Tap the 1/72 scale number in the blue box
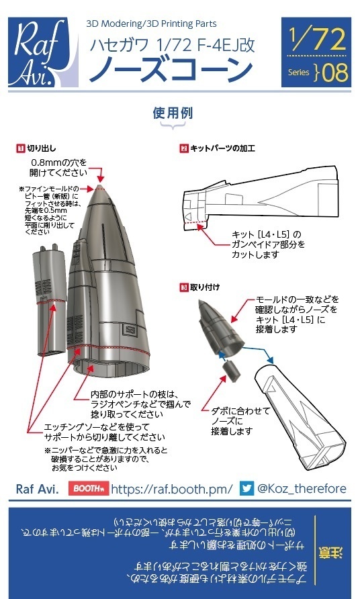click(316, 40)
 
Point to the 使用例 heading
click(173, 113)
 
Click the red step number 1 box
click(21, 146)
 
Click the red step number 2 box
click(183, 146)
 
